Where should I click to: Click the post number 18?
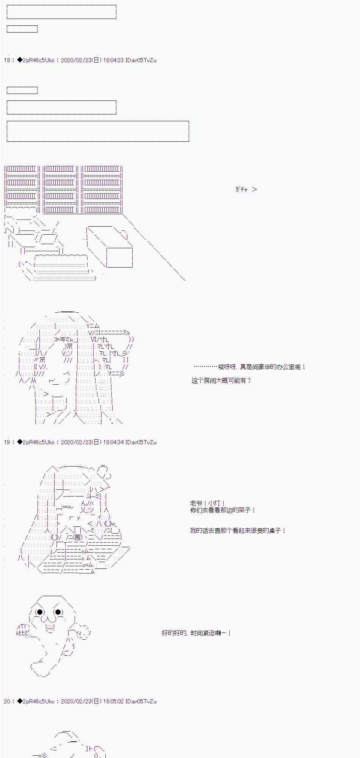coord(7,60)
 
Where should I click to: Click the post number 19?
coord(7,442)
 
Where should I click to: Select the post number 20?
coord(7,702)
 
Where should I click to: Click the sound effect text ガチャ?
coord(241,189)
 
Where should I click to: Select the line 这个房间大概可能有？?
coord(221,381)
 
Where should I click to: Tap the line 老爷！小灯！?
coord(208,503)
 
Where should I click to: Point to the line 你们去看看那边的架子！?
coord(223,510)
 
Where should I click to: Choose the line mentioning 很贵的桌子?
coord(238,531)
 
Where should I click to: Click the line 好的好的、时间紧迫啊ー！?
coord(196,633)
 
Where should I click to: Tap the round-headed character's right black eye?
coord(58,612)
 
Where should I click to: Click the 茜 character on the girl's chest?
coord(77,537)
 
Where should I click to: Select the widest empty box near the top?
coord(98,132)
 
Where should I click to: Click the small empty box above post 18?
coord(22,29)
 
